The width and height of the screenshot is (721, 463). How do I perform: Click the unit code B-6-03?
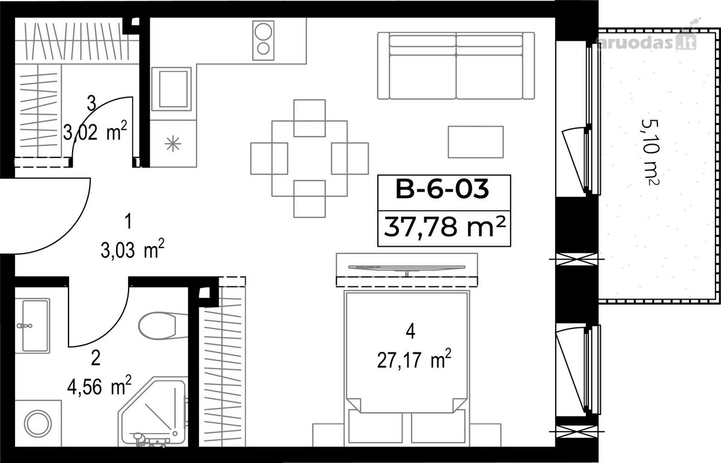click(x=442, y=189)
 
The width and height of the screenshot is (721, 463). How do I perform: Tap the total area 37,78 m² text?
click(x=444, y=227)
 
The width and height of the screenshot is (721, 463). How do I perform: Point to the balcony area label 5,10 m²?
click(x=650, y=152)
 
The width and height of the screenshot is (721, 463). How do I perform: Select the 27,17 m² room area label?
click(x=414, y=359)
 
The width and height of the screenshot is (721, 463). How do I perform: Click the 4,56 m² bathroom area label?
click(x=99, y=386)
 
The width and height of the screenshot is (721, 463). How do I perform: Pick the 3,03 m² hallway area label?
click(x=132, y=249)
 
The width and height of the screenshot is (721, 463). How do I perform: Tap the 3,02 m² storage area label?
click(x=95, y=132)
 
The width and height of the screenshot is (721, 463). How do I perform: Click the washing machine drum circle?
click(x=38, y=423)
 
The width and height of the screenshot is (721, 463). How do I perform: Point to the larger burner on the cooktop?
click(x=263, y=32)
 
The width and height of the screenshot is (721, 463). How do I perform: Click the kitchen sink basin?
click(x=173, y=89)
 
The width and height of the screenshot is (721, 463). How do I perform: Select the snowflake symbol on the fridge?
click(x=173, y=144)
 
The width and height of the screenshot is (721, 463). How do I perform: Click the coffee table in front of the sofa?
click(x=476, y=142)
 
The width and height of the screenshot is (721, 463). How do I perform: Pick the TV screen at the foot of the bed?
click(x=407, y=267)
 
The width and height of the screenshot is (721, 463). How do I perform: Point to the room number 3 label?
click(x=92, y=104)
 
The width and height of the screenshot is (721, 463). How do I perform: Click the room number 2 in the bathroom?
click(x=96, y=358)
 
